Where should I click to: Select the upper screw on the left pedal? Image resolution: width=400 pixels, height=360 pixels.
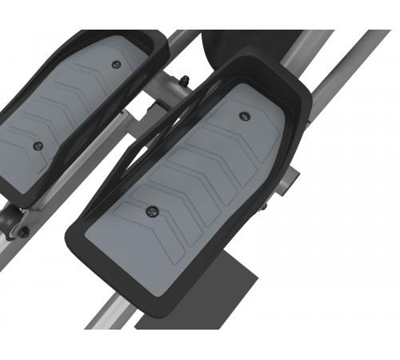118,65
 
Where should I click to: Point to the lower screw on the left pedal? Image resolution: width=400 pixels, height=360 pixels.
37,146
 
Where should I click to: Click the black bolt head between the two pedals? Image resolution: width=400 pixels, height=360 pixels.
184,78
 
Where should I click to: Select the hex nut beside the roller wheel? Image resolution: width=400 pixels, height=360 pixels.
24,232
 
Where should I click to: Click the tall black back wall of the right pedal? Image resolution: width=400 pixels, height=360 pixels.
264,68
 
